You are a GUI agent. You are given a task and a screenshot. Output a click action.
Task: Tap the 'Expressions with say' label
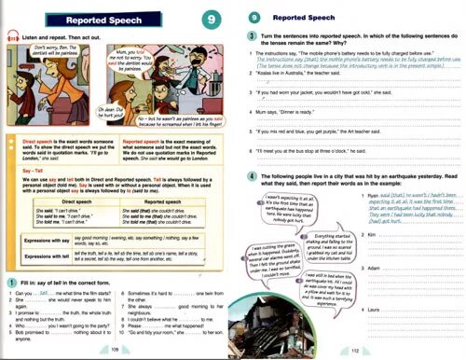(x=48, y=242)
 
